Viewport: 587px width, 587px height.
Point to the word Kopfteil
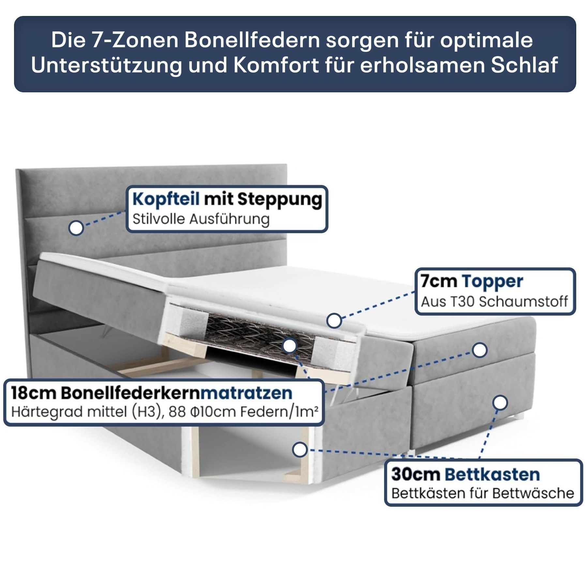click(x=166, y=200)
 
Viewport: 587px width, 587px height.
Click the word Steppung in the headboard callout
click(x=279, y=200)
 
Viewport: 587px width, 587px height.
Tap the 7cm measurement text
click(x=438, y=281)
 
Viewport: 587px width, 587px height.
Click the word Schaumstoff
click(x=523, y=302)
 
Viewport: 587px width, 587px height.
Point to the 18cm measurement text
click(x=33, y=394)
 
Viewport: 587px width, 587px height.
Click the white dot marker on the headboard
click(x=76, y=228)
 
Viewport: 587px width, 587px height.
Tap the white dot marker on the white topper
click(x=334, y=321)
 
